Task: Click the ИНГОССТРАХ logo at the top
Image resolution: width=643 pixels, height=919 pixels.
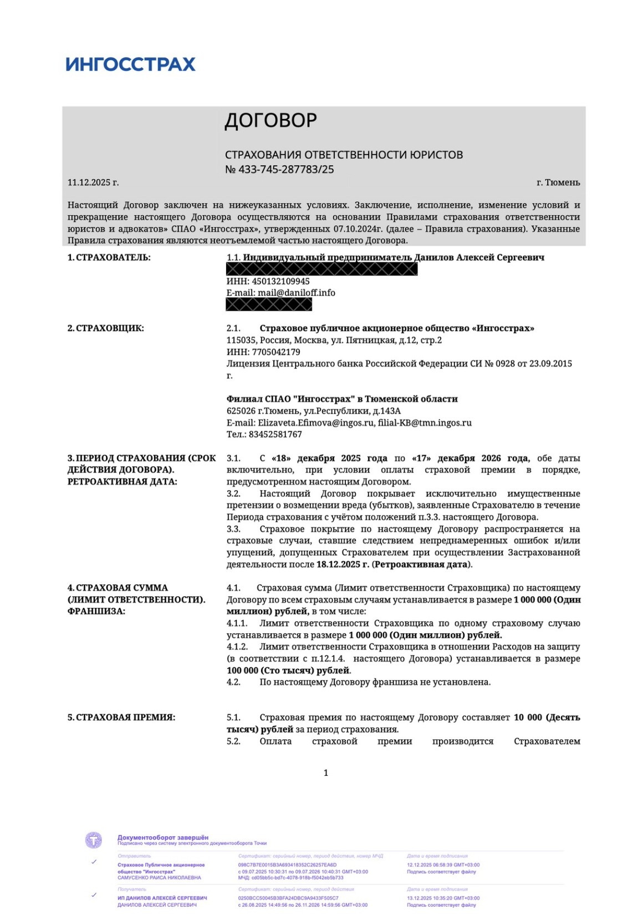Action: [130, 64]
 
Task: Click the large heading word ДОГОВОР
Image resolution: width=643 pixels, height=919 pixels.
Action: [271, 120]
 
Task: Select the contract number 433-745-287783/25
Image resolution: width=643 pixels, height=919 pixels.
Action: [286, 170]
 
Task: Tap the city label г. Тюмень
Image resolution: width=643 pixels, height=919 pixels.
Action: [558, 182]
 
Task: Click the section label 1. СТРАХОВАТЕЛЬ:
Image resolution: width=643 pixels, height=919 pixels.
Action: [109, 257]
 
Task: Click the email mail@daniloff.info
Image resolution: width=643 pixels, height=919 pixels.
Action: [296, 293]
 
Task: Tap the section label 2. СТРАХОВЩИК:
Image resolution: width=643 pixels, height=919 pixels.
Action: [105, 328]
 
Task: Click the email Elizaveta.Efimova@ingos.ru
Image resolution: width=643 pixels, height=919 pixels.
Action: [316, 423]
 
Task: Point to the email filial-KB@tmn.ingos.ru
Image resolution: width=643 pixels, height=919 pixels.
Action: [425, 423]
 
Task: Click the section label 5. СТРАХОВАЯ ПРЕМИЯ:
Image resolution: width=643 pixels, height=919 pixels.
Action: [121, 718]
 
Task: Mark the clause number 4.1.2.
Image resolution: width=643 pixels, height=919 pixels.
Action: [237, 647]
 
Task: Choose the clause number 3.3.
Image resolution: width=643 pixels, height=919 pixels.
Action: [233, 529]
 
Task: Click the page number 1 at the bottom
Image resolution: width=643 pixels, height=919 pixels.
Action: [326, 773]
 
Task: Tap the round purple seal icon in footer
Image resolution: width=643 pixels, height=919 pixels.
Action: [94, 840]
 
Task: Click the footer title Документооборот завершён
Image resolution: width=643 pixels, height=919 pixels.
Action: [163, 837]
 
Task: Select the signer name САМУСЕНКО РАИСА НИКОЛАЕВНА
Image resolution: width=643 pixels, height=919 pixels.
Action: [159, 878]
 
